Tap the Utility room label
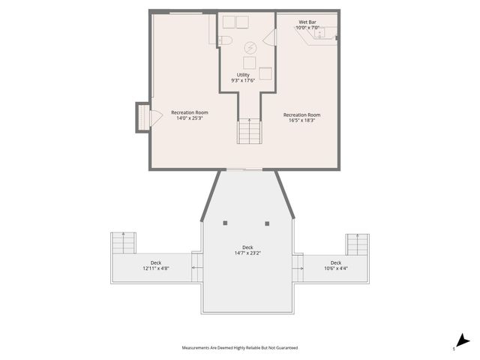(x=243, y=75)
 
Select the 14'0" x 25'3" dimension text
(x=189, y=118)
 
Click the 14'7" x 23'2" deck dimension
(x=247, y=253)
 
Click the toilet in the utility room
(x=226, y=40)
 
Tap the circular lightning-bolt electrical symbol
(x=249, y=47)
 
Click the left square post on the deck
(x=225, y=223)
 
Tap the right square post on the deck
(x=267, y=223)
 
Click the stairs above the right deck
(x=357, y=244)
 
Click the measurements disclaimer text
(x=240, y=348)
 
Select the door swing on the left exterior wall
(x=156, y=118)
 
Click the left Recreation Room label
(x=189, y=112)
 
